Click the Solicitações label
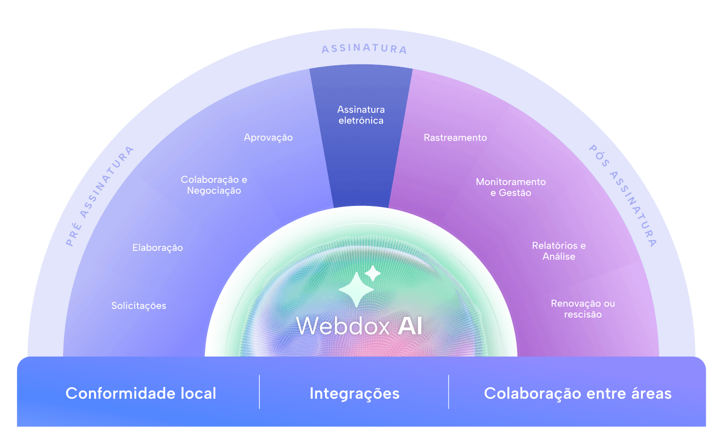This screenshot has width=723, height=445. [139, 306]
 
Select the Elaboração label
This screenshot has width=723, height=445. [157, 248]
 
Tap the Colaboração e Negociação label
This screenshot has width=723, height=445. [214, 185]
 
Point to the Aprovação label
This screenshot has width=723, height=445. [268, 137]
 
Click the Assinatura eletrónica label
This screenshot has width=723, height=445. [361, 115]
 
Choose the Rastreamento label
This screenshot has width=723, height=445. [455, 137]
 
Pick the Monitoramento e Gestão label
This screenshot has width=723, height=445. [511, 187]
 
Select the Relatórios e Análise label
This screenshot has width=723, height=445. [559, 251]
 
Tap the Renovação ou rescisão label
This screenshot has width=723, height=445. [583, 309]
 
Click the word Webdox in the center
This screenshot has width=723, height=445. [343, 326]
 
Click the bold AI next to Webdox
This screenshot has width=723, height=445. [410, 326]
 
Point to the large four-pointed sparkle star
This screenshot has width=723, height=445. [356, 290]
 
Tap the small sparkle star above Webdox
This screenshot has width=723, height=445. [373, 273]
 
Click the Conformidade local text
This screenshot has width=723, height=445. [141, 393]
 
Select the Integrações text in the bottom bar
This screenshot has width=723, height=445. [354, 393]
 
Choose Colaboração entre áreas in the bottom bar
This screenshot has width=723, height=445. [578, 393]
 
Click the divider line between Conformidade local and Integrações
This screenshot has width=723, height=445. [259, 392]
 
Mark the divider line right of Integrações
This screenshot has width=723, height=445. [448, 392]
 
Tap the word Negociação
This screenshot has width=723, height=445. [214, 191]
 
